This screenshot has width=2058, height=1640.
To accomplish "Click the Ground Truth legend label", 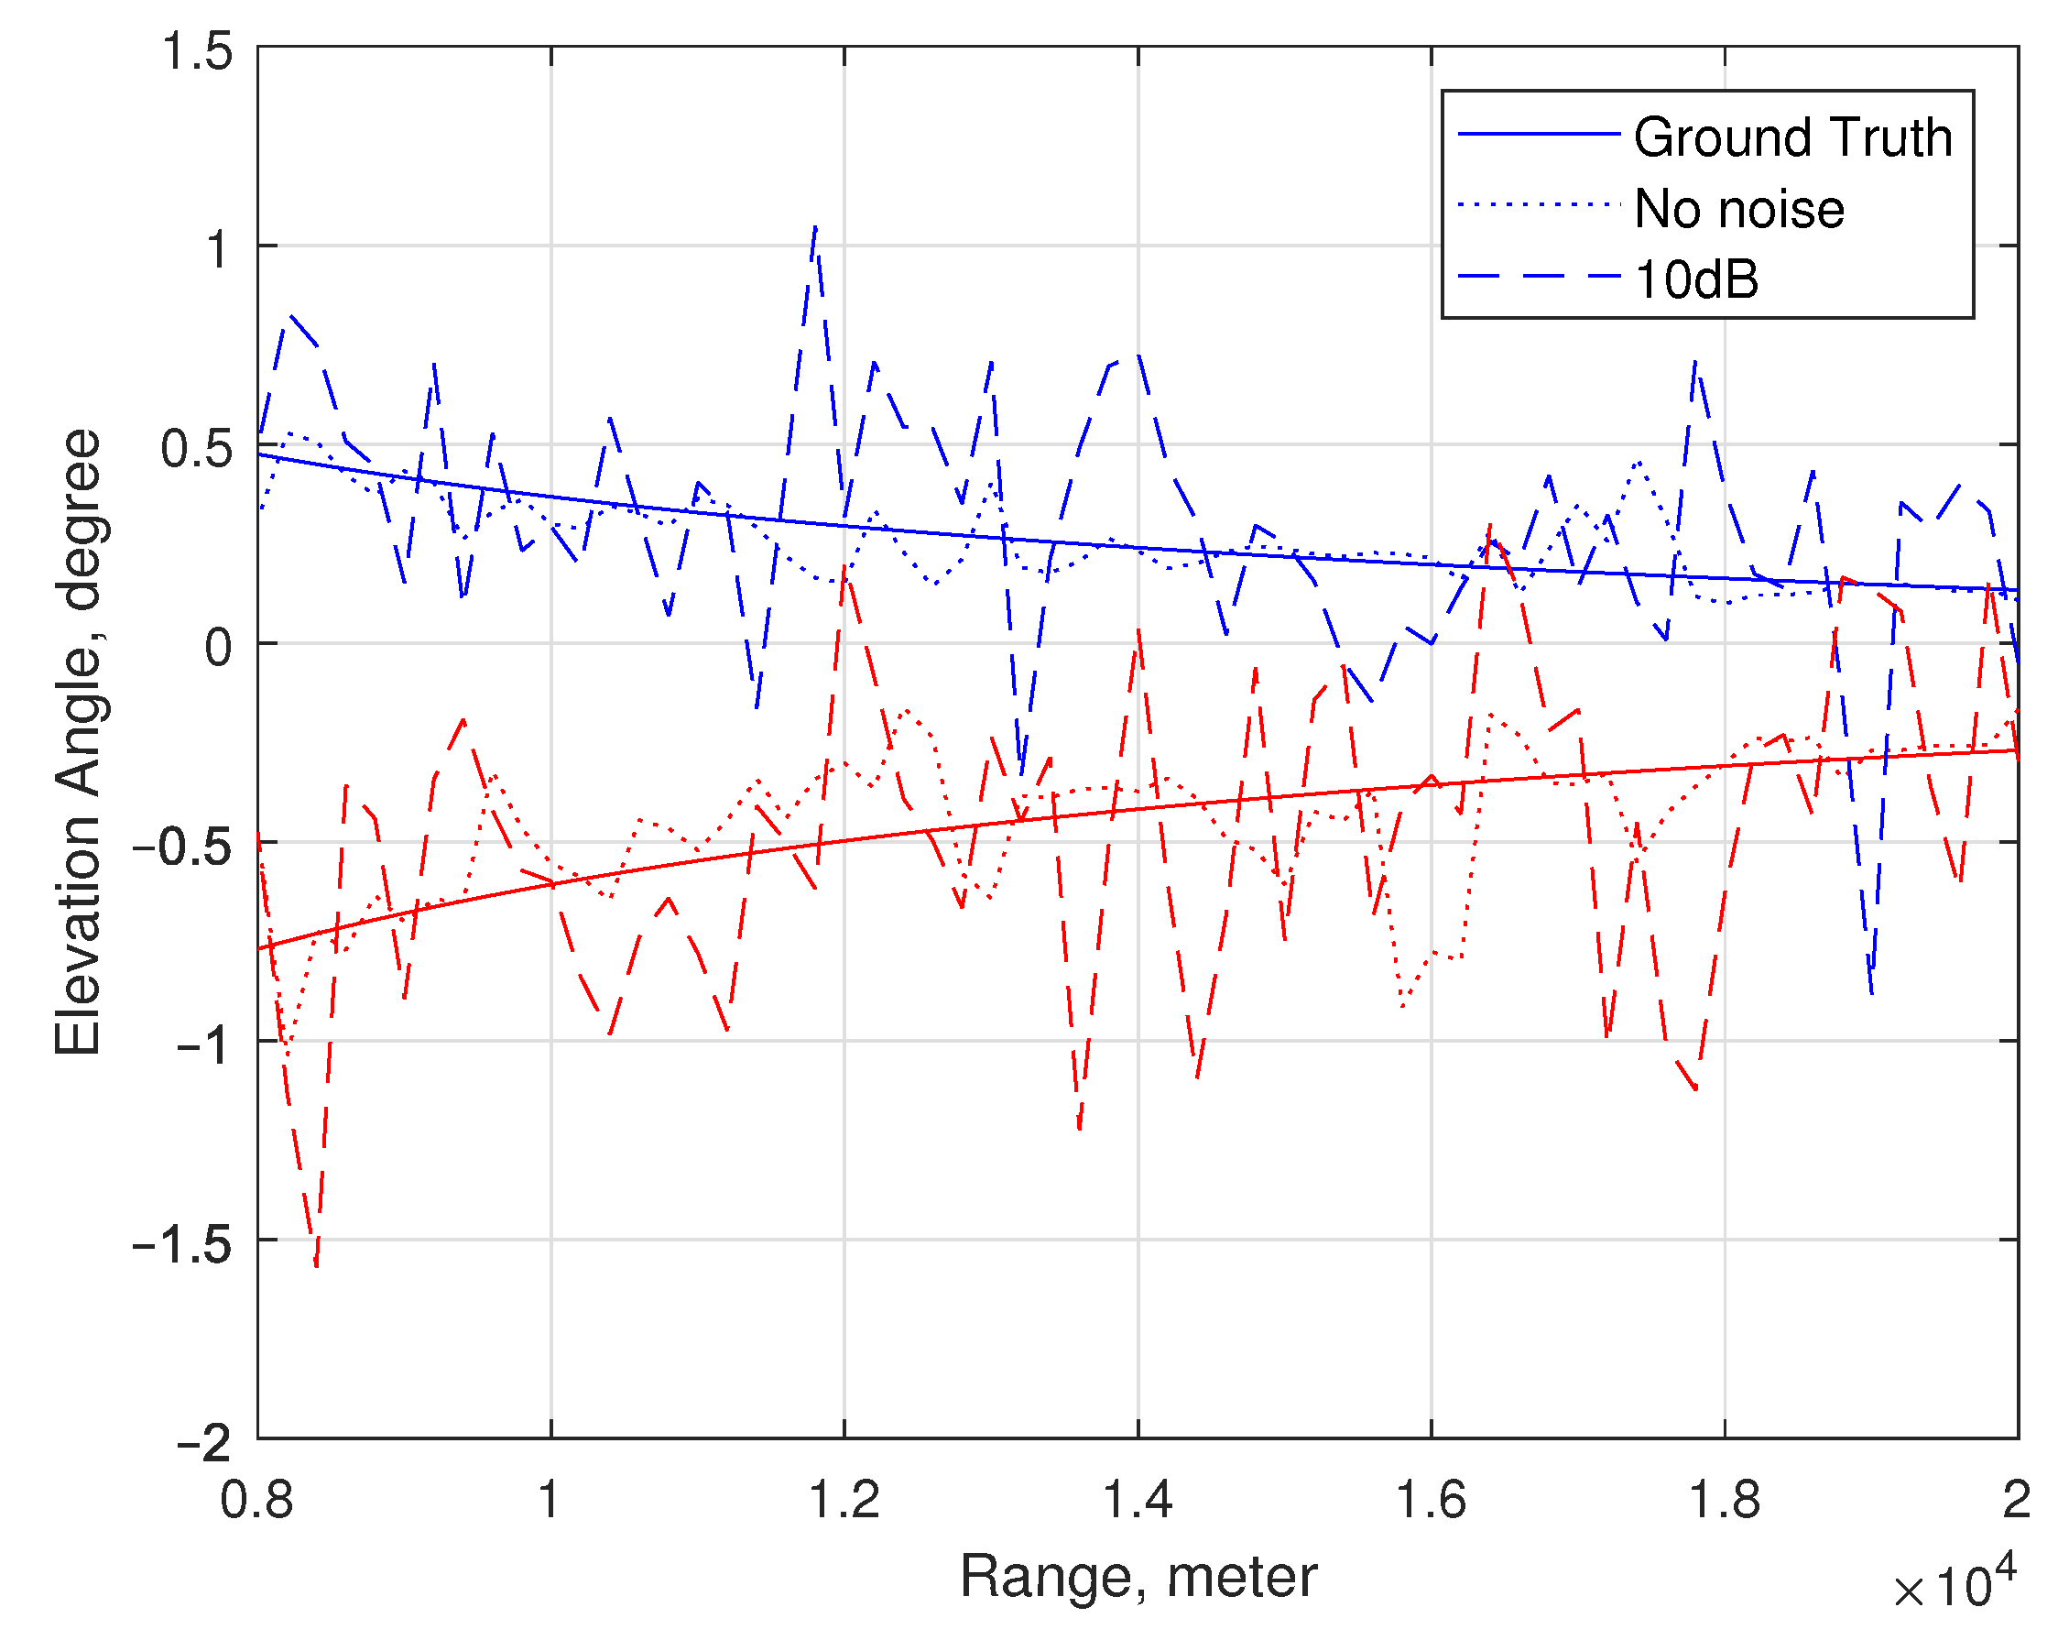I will pyautogui.click(x=1792, y=137).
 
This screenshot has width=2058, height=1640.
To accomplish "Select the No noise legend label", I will pyautogui.click(x=1739, y=209).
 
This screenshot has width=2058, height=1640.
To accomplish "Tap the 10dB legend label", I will pyautogui.click(x=1696, y=279).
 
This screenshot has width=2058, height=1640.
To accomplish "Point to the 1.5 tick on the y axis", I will pyautogui.click(x=197, y=50).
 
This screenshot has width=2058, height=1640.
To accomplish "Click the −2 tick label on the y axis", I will pyautogui.click(x=204, y=1443).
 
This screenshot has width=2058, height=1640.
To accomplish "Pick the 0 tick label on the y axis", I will pyautogui.click(x=219, y=648).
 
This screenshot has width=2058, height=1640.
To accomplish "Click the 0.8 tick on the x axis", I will pyautogui.click(x=256, y=1500).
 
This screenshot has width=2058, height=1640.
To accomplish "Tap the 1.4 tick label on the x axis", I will pyautogui.click(x=1137, y=1500).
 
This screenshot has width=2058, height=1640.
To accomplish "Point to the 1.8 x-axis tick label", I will pyautogui.click(x=1724, y=1500).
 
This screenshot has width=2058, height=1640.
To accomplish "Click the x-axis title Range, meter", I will pyautogui.click(x=1138, y=1576).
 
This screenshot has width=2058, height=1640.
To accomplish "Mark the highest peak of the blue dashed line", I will pyautogui.click(x=815, y=227).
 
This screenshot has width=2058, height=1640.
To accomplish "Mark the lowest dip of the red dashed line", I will pyautogui.click(x=316, y=1267).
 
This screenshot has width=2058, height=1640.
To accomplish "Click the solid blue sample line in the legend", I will pyautogui.click(x=1540, y=134).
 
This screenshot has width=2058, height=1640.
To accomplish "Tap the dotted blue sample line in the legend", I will pyautogui.click(x=1540, y=204).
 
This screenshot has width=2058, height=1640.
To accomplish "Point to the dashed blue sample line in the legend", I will pyautogui.click(x=1540, y=277).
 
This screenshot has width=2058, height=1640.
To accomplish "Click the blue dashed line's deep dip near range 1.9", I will pyautogui.click(x=1872, y=993).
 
